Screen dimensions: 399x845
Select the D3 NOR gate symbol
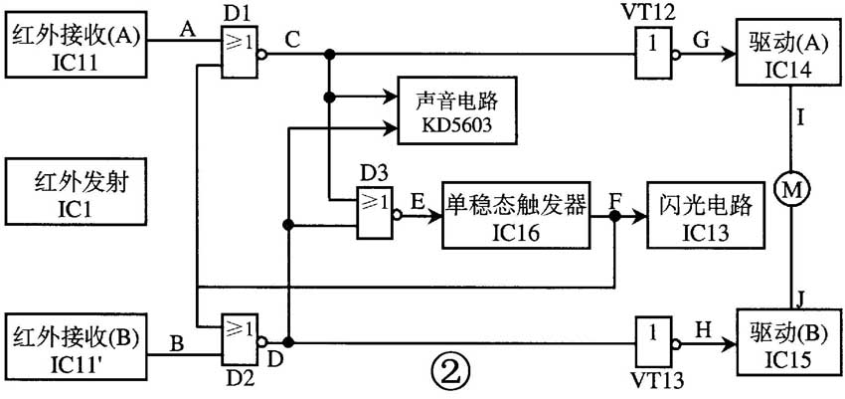click(x=375, y=212)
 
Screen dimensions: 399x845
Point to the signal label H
click(x=700, y=324)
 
